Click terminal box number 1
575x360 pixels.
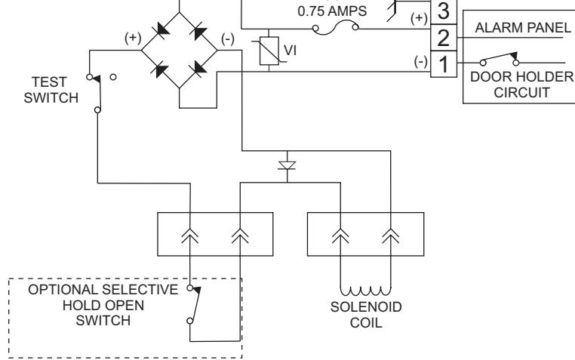pyautogui.click(x=444, y=64)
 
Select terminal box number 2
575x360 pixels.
pyautogui.click(x=444, y=38)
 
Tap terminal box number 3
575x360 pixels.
pyautogui.click(x=444, y=12)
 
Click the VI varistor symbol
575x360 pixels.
pyautogui.click(x=269, y=51)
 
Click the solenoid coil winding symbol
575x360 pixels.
pyautogui.click(x=366, y=291)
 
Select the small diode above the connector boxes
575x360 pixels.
pyautogui.click(x=287, y=166)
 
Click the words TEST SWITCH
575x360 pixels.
pyautogui.click(x=51, y=90)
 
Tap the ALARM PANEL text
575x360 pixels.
pyautogui.click(x=523, y=28)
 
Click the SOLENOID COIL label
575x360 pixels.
pyautogui.click(x=366, y=315)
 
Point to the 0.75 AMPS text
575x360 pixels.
pyautogui.click(x=332, y=11)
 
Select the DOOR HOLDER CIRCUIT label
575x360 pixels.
pyautogui.click(x=522, y=85)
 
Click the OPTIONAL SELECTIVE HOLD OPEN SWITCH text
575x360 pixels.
pyautogui.click(x=103, y=305)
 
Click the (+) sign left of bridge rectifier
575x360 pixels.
pyautogui.click(x=133, y=38)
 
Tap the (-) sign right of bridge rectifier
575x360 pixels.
pyautogui.click(x=228, y=38)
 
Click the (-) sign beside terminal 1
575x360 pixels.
pyautogui.click(x=420, y=61)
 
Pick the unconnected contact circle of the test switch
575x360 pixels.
pyautogui.click(x=113, y=77)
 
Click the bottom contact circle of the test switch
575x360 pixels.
pyautogui.click(x=97, y=110)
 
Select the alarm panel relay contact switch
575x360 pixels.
pyautogui.click(x=500, y=59)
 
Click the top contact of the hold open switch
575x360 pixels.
pyautogui.click(x=190, y=288)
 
